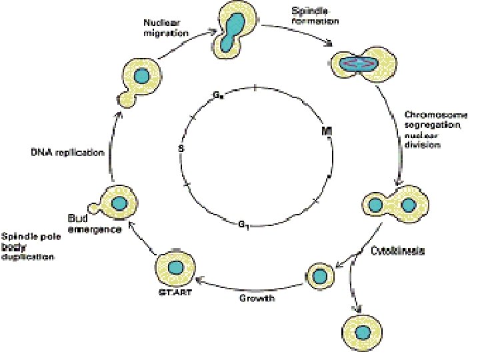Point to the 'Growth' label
[257, 297]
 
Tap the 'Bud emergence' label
[93, 224]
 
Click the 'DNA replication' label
[67, 153]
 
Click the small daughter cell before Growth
[320, 275]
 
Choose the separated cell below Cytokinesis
[363, 331]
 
